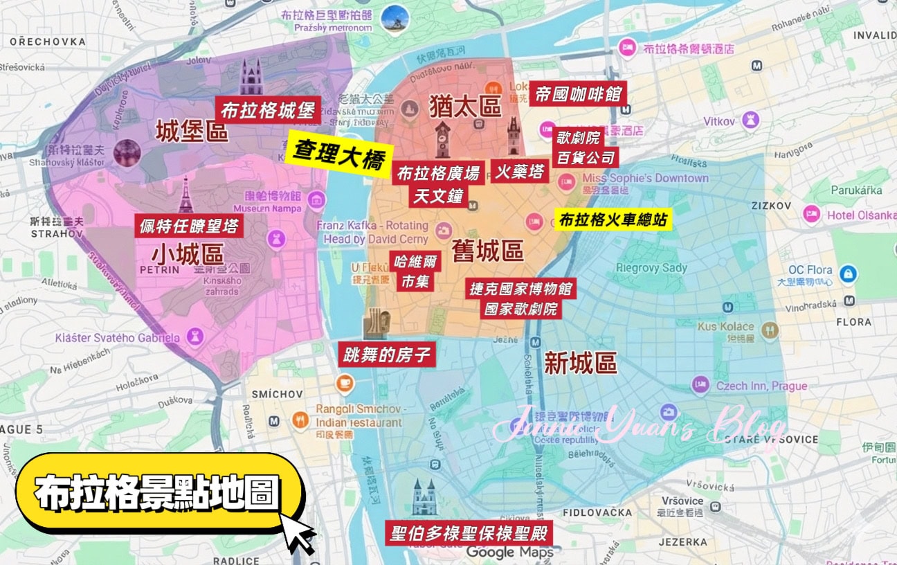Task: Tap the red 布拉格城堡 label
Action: (x=268, y=110)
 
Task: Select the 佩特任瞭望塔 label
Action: (x=189, y=226)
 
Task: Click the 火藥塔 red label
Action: (x=519, y=172)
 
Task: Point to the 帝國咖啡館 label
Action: (x=579, y=93)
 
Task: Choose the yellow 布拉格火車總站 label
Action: (x=613, y=220)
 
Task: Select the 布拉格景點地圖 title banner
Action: (x=158, y=494)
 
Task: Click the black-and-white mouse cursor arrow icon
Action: (x=299, y=535)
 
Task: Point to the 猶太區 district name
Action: (x=465, y=106)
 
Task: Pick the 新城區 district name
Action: (x=580, y=363)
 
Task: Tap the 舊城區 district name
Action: (x=487, y=251)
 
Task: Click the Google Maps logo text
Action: (x=509, y=553)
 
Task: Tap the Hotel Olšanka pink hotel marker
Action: (x=811, y=215)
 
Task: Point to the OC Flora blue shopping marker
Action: (x=848, y=274)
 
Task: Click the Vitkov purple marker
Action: (x=750, y=121)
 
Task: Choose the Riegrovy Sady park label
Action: (x=651, y=268)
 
